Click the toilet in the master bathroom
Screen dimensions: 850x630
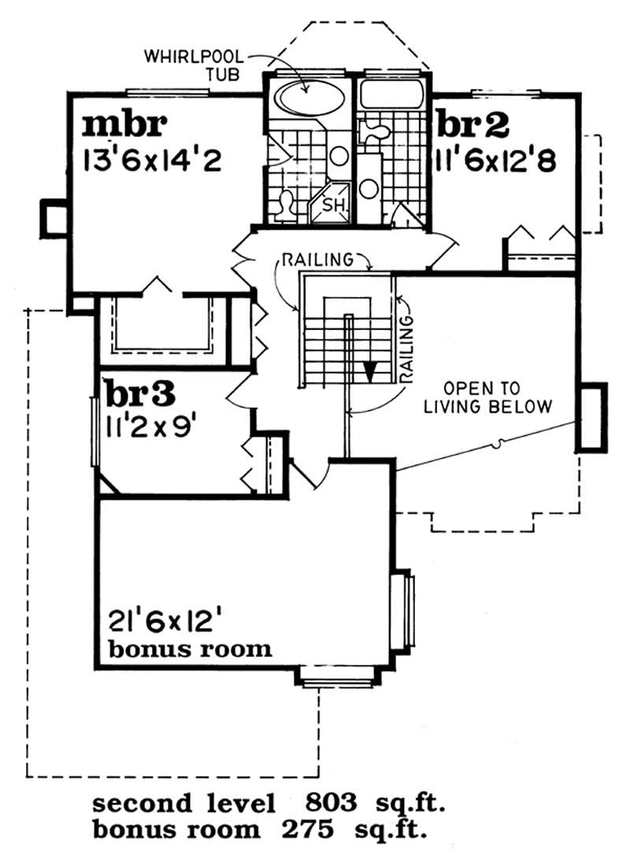pyautogui.click(x=284, y=203)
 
